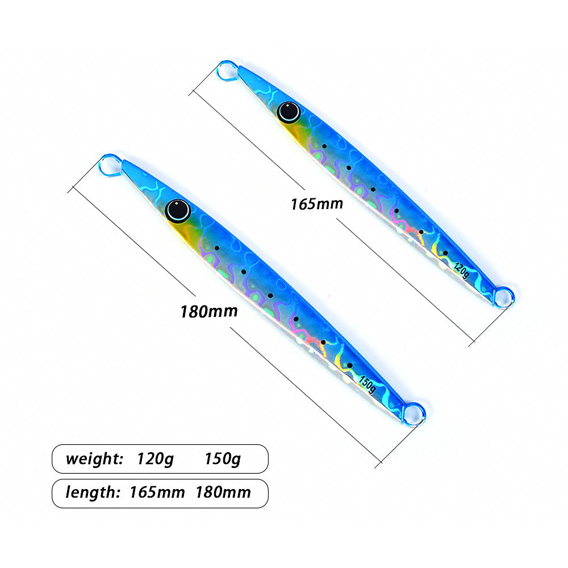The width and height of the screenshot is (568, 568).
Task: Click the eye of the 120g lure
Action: [x=289, y=112]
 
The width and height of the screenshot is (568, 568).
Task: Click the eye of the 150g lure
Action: [x=178, y=210]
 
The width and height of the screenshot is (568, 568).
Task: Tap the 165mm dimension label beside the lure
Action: [x=317, y=204]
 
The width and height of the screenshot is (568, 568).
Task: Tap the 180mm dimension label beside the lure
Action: [x=209, y=311]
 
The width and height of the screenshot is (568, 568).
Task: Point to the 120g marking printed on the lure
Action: [x=461, y=270]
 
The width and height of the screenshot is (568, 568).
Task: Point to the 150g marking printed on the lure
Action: [x=367, y=385]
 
